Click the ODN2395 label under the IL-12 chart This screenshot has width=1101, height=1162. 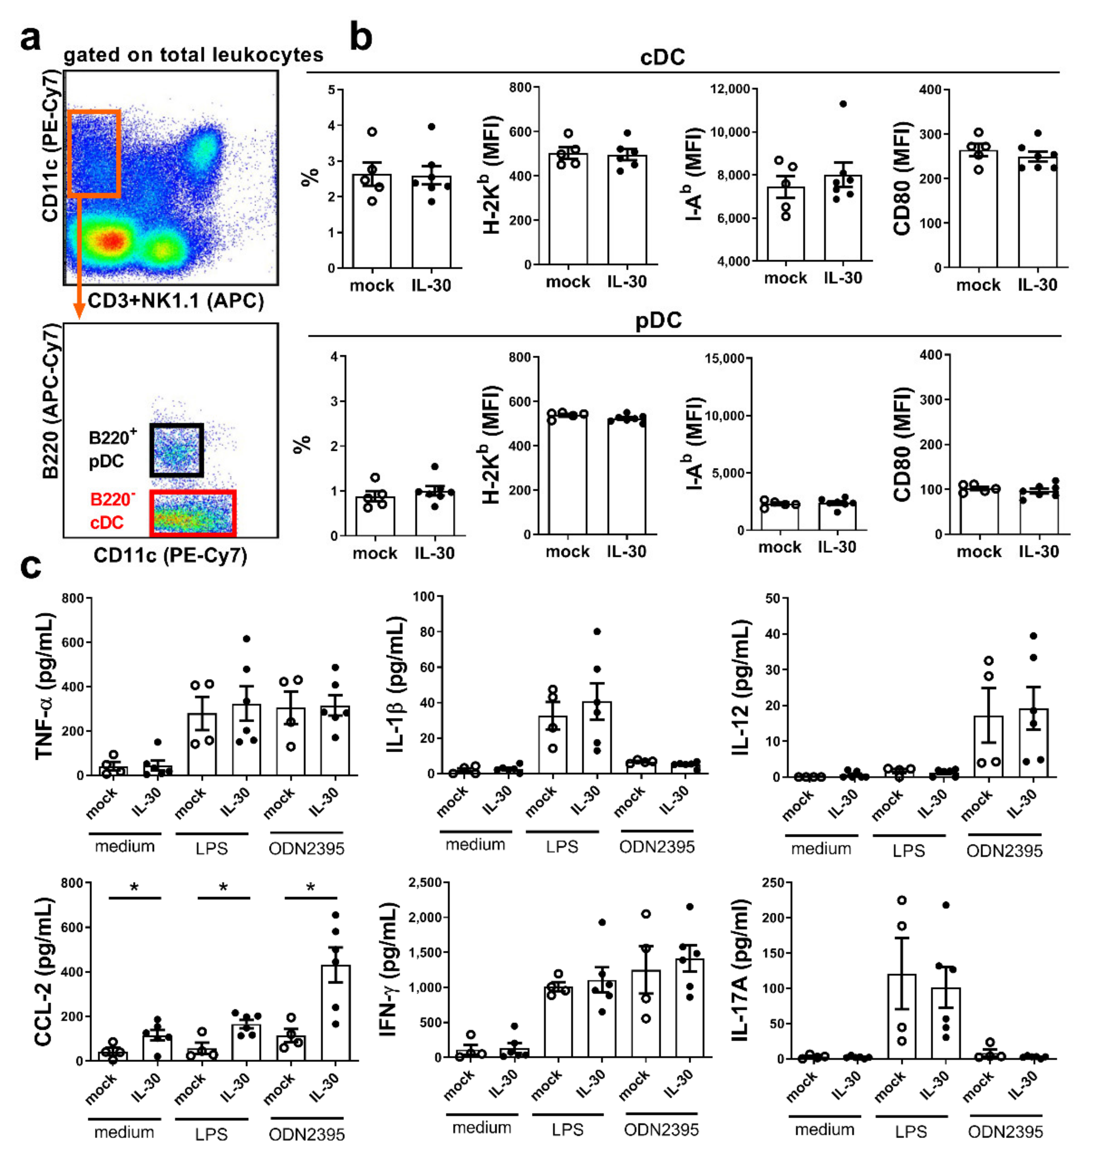pyautogui.click(x=1004, y=851)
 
